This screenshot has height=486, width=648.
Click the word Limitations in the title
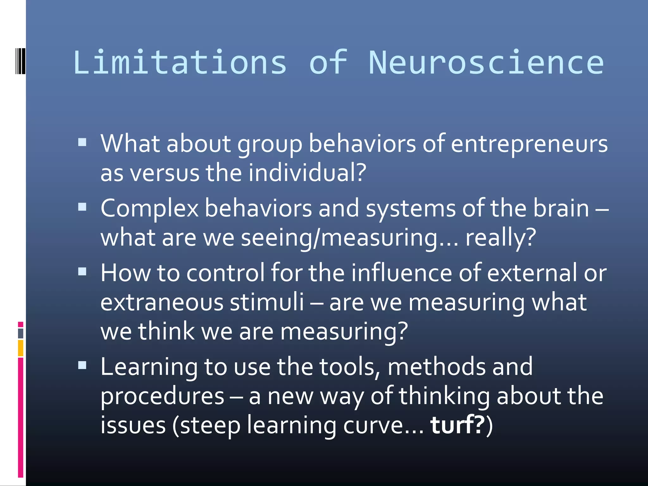(180, 62)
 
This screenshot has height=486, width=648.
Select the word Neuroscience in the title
(486, 62)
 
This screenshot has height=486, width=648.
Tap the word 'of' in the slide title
(328, 62)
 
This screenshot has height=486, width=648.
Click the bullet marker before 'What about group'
(82, 142)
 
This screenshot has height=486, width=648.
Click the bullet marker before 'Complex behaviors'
(82, 207)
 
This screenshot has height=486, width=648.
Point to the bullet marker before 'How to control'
(82, 271)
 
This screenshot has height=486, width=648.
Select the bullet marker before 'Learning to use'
(82, 365)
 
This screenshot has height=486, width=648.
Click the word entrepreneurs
(529, 144)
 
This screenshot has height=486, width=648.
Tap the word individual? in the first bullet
(307, 173)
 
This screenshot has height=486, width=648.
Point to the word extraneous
(162, 302)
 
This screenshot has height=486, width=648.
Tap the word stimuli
(267, 302)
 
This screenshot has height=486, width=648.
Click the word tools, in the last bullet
(350, 367)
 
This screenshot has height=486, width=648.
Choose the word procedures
(162, 396)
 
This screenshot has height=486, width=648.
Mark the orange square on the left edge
(21, 348)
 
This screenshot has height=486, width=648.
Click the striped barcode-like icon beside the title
(21, 61)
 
